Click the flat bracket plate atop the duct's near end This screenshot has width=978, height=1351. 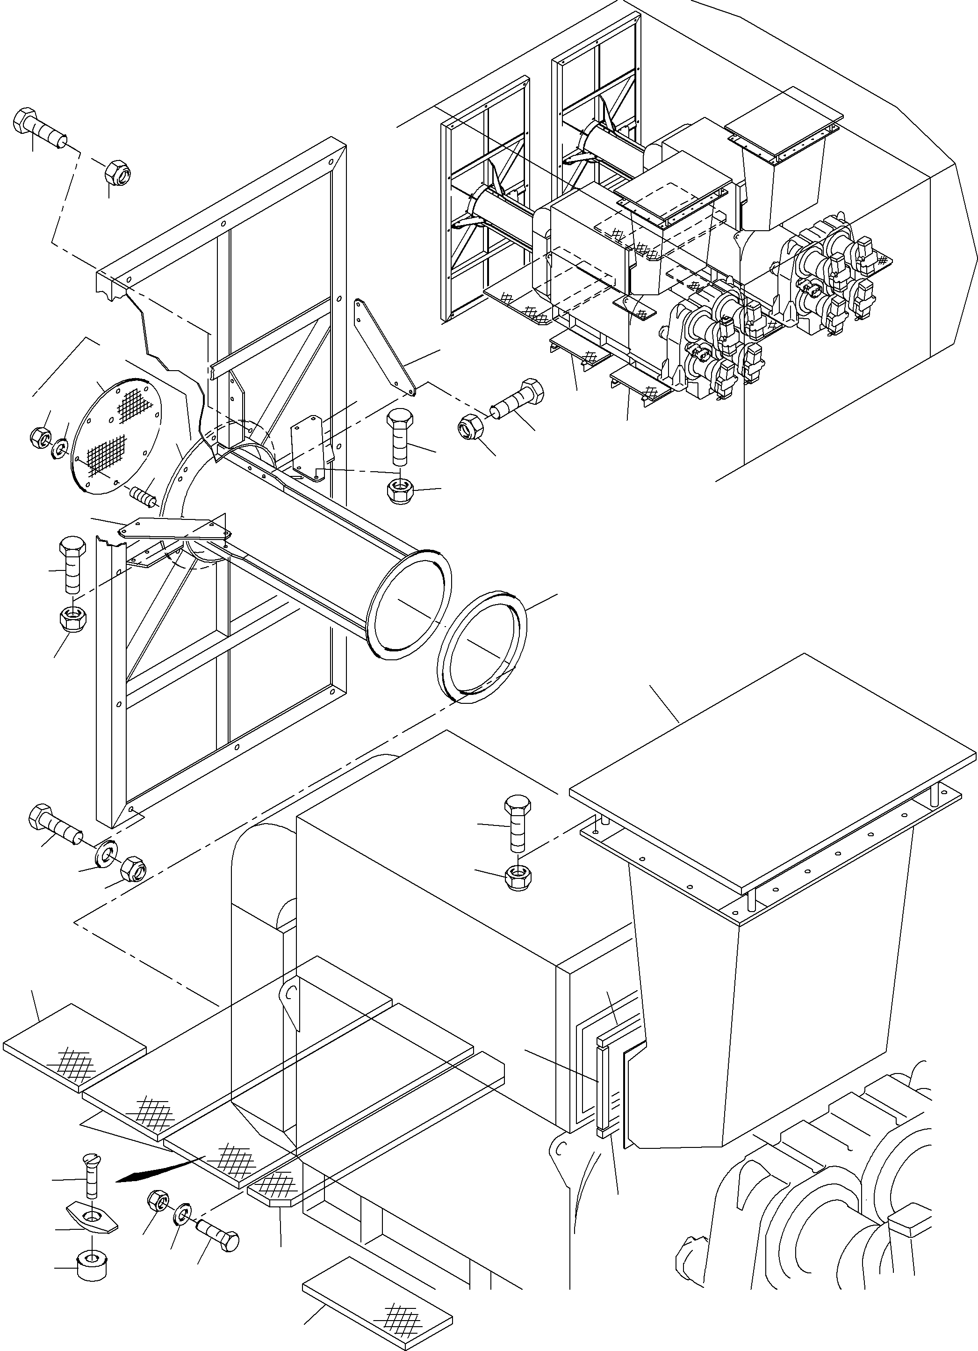[x=176, y=527]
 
